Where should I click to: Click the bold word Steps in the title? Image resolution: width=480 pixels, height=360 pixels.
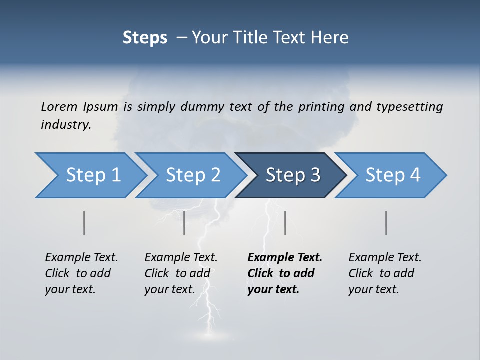(x=145, y=38)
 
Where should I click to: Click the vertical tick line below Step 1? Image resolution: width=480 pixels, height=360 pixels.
(x=84, y=223)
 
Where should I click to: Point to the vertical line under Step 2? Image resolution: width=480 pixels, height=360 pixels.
(x=184, y=223)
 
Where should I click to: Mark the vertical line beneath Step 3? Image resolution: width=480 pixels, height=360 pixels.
(x=285, y=223)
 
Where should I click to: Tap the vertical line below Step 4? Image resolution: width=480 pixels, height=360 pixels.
(x=386, y=223)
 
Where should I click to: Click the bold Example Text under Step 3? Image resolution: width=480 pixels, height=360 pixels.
(x=285, y=258)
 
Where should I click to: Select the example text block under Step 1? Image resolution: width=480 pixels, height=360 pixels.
(x=81, y=273)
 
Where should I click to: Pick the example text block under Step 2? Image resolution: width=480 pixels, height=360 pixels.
(x=181, y=273)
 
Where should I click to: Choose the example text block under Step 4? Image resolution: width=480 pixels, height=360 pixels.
(x=385, y=273)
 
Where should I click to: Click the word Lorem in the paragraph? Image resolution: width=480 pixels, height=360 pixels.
(x=60, y=106)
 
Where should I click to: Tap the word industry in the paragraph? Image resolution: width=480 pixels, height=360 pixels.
(x=66, y=125)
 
